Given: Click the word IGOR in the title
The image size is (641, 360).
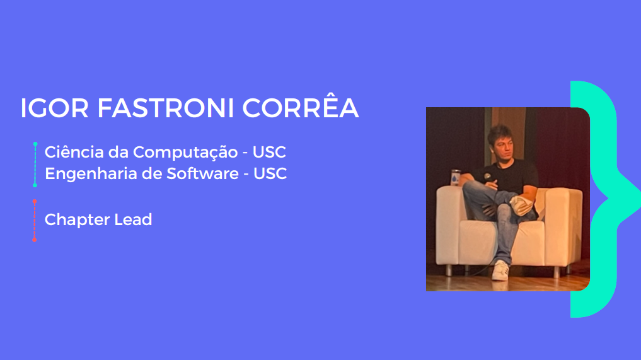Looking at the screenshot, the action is [x=54, y=108].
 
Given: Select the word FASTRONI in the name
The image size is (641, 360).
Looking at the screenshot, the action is [x=166, y=108].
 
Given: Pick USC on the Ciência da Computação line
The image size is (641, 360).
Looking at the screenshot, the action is [x=269, y=152].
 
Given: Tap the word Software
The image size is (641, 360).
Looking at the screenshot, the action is [x=202, y=173].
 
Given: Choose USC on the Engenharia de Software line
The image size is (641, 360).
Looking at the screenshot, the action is [x=270, y=173].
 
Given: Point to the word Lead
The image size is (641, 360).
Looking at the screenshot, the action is [x=133, y=219].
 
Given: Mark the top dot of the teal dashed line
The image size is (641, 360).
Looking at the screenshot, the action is [x=35, y=144].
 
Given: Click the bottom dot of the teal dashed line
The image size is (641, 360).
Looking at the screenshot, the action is [x=35, y=185].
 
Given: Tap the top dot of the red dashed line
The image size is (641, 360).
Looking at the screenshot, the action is [x=34, y=202].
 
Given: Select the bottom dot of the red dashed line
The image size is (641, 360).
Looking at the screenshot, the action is [x=34, y=240].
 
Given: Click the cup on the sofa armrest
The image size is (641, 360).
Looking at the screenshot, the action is [x=456, y=178].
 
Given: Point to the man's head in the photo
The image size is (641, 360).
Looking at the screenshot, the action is [x=501, y=142].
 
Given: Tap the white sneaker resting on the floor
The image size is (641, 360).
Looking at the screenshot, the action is [x=500, y=270].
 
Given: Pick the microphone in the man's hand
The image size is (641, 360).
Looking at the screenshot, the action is [x=487, y=177].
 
